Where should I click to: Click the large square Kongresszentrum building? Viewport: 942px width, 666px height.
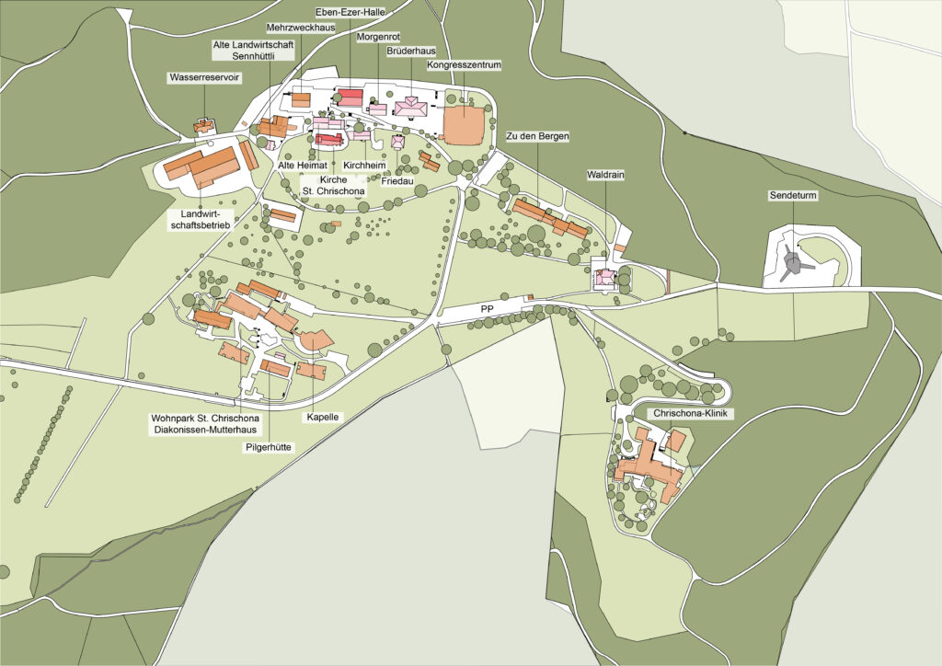pyautogui.click(x=465, y=123)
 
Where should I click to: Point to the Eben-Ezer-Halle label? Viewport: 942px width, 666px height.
pyautogui.click(x=350, y=11)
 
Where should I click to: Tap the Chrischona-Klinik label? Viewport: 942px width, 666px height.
pyautogui.click(x=692, y=414)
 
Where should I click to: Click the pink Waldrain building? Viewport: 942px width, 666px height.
pyautogui.click(x=606, y=276)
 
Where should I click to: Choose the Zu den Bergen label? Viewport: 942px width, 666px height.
pyautogui.click(x=538, y=136)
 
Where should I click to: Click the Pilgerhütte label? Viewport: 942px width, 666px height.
pyautogui.click(x=268, y=447)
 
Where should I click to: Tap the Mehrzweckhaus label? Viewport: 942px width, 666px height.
pyautogui.click(x=300, y=28)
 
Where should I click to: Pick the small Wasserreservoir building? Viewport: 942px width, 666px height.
pyautogui.click(x=203, y=125)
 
